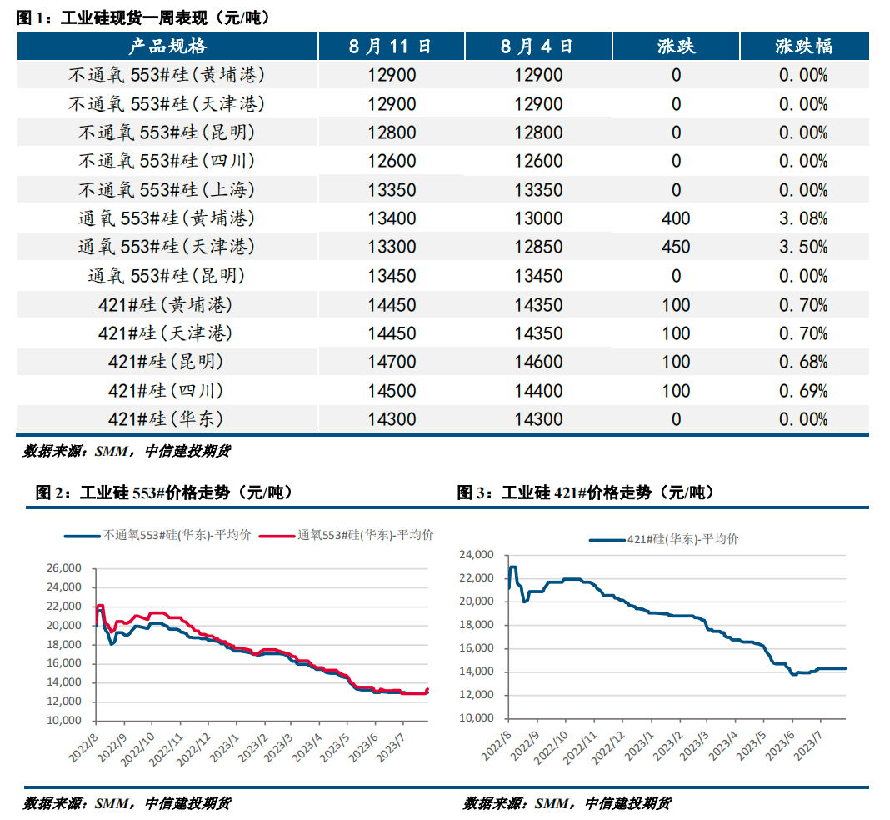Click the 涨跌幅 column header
[803, 46]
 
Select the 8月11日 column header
[391, 46]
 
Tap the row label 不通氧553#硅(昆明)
[167, 132]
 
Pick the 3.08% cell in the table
[803, 218]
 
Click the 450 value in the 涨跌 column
[676, 247]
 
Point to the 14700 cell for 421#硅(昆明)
[392, 362]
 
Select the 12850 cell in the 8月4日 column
[538, 247]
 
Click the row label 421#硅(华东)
[166, 419]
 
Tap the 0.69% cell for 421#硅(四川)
[803, 391]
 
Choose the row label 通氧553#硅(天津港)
[167, 247]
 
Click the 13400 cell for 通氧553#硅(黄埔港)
[392, 218]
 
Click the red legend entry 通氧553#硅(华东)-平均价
[346, 535]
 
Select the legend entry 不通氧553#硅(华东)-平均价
[157, 535]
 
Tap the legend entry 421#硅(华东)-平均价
[664, 539]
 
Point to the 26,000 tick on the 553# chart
[64, 568]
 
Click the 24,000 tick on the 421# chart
[477, 554]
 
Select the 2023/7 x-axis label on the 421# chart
[807, 746]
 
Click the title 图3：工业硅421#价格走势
[585, 492]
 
